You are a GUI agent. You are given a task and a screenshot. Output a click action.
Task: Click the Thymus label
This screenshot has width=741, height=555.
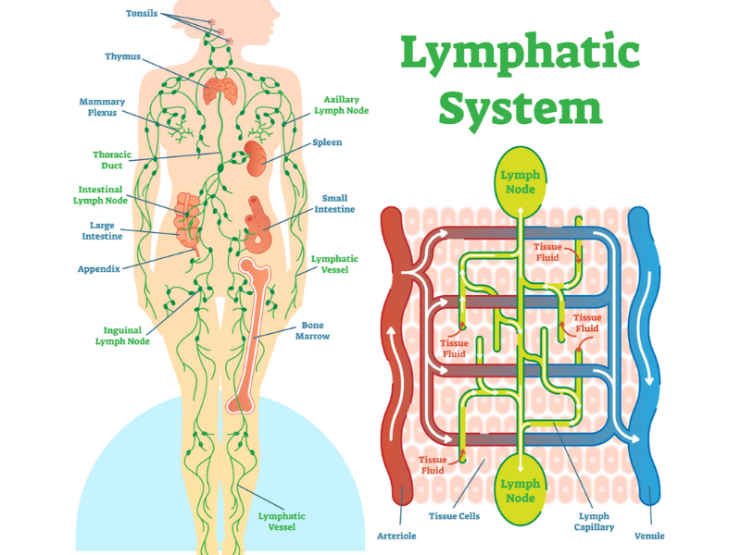click(x=123, y=57)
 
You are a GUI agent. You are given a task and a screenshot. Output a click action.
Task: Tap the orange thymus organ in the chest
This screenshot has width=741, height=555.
click(x=221, y=91)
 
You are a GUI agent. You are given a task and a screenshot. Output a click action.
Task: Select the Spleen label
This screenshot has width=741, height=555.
click(x=327, y=142)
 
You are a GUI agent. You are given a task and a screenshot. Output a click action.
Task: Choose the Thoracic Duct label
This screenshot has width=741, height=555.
click(x=111, y=161)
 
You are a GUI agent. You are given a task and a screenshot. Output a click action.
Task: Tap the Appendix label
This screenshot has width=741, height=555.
click(x=98, y=270)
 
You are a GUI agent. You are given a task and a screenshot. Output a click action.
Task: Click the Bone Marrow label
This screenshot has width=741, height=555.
click(x=315, y=330)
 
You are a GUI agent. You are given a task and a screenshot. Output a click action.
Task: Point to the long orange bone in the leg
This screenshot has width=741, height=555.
click(x=248, y=333)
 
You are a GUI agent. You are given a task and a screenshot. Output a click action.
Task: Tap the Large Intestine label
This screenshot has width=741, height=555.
click(x=102, y=230)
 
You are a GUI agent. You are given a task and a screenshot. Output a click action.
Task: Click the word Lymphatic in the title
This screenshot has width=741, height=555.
click(x=520, y=55)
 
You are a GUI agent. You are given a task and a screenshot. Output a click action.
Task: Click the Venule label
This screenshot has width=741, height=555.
click(x=649, y=536)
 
